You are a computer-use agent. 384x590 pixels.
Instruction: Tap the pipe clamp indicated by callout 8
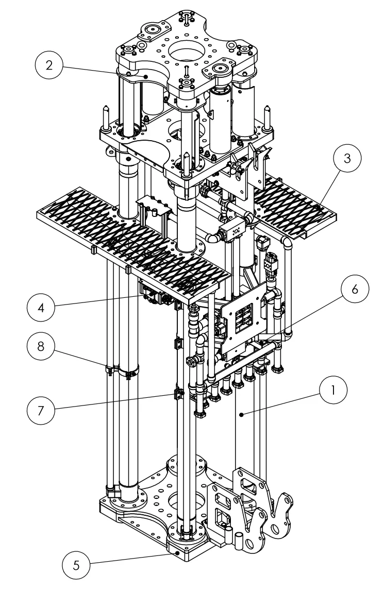(123, 369)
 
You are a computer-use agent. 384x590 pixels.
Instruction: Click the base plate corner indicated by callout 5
(177, 552)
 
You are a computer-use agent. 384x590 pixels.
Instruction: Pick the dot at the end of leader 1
(241, 413)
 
